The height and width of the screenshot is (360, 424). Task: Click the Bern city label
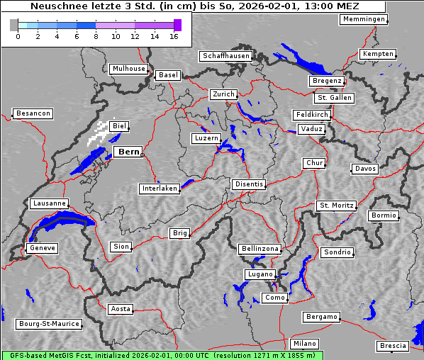[x=128, y=152]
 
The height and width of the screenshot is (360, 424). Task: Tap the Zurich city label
[x=223, y=94]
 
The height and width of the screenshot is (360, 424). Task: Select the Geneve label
[x=42, y=248]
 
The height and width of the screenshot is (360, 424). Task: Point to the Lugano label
[x=259, y=274]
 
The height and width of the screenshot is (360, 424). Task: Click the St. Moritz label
[x=336, y=206]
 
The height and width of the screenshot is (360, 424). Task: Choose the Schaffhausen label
[x=225, y=55]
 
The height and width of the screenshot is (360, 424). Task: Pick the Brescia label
[x=393, y=346]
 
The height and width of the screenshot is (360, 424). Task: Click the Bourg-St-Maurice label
[x=49, y=324]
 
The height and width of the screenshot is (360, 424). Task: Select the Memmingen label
[x=364, y=19]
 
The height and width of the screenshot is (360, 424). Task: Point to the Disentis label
[x=248, y=184]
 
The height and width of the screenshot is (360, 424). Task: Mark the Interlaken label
[x=160, y=189]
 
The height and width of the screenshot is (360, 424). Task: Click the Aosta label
[x=121, y=309]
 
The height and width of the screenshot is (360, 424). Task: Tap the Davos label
[x=365, y=169]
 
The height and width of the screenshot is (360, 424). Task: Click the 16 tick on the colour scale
[x=174, y=36]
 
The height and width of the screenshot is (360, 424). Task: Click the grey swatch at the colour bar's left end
[x=13, y=25]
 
